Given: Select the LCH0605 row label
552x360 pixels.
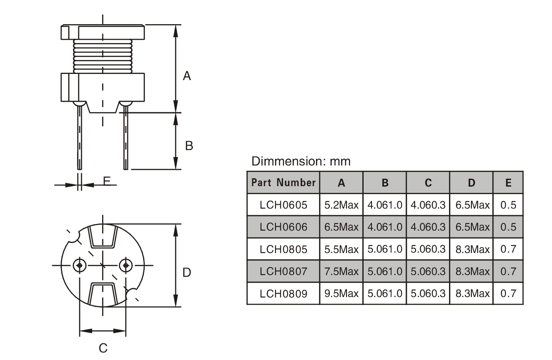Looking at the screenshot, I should [x=283, y=205].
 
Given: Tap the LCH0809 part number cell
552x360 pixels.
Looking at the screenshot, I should [x=283, y=293].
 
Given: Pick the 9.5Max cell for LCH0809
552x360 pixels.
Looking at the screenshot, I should [x=341, y=293].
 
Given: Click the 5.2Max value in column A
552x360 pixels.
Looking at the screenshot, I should [x=341, y=205].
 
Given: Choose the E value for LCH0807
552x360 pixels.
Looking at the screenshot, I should [x=508, y=271].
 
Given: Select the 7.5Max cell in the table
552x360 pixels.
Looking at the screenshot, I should [x=341, y=271].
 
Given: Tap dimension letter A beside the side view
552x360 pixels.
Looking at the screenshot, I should [x=187, y=76].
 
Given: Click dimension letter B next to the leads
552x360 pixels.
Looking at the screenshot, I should [x=189, y=146].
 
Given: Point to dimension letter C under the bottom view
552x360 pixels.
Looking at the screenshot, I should [x=103, y=349].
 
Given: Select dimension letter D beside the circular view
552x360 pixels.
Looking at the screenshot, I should [x=187, y=273].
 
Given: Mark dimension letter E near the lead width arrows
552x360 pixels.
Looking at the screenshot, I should [x=106, y=180].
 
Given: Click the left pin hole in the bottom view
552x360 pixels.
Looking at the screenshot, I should [x=79, y=265].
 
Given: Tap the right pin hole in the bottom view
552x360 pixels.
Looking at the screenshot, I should [x=126, y=265].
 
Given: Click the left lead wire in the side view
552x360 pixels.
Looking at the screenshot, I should [x=80, y=136].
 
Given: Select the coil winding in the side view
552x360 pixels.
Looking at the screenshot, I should [x=103, y=56].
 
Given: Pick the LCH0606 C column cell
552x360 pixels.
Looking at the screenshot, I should [x=428, y=227].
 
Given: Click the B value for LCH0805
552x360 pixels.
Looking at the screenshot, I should [x=385, y=249].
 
